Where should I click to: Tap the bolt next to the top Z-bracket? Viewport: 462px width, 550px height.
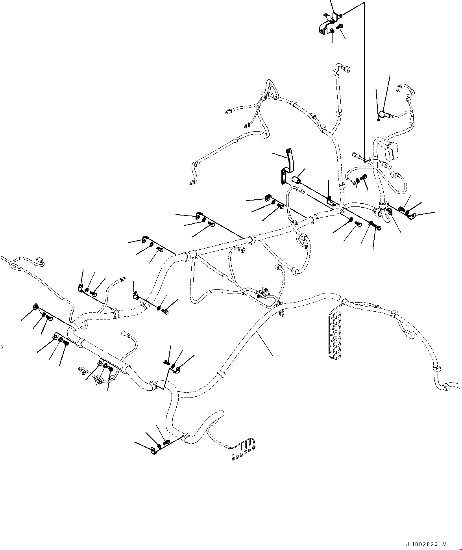340,27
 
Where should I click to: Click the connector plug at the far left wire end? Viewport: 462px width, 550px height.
40,260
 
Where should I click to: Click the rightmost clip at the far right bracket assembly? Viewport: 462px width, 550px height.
413,216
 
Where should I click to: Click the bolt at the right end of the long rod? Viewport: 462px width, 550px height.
379,227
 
